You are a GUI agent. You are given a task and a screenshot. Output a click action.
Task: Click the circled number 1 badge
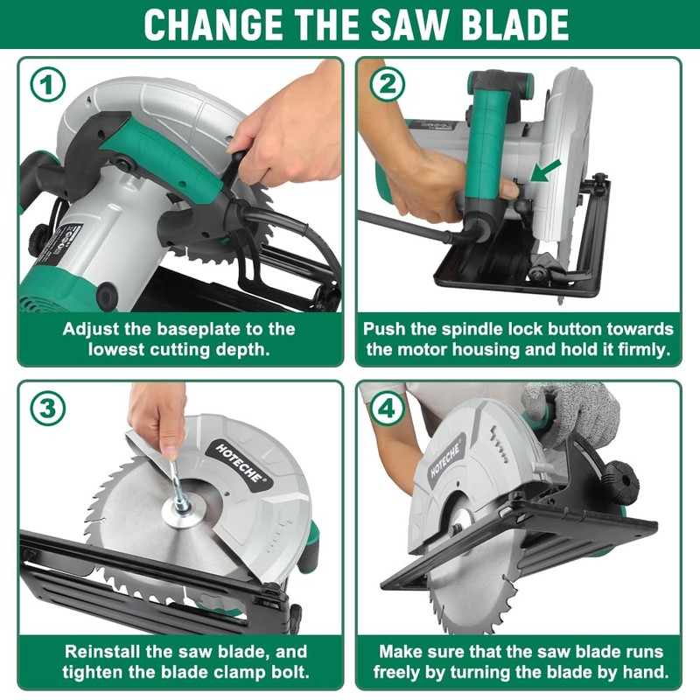point(48,85)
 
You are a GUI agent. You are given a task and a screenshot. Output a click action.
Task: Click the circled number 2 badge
point(386,85)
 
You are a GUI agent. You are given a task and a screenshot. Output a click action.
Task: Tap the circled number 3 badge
point(48,409)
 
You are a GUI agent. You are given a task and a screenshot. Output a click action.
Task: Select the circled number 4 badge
point(386,409)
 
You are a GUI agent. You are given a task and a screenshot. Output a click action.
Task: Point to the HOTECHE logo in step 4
point(445,458)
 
